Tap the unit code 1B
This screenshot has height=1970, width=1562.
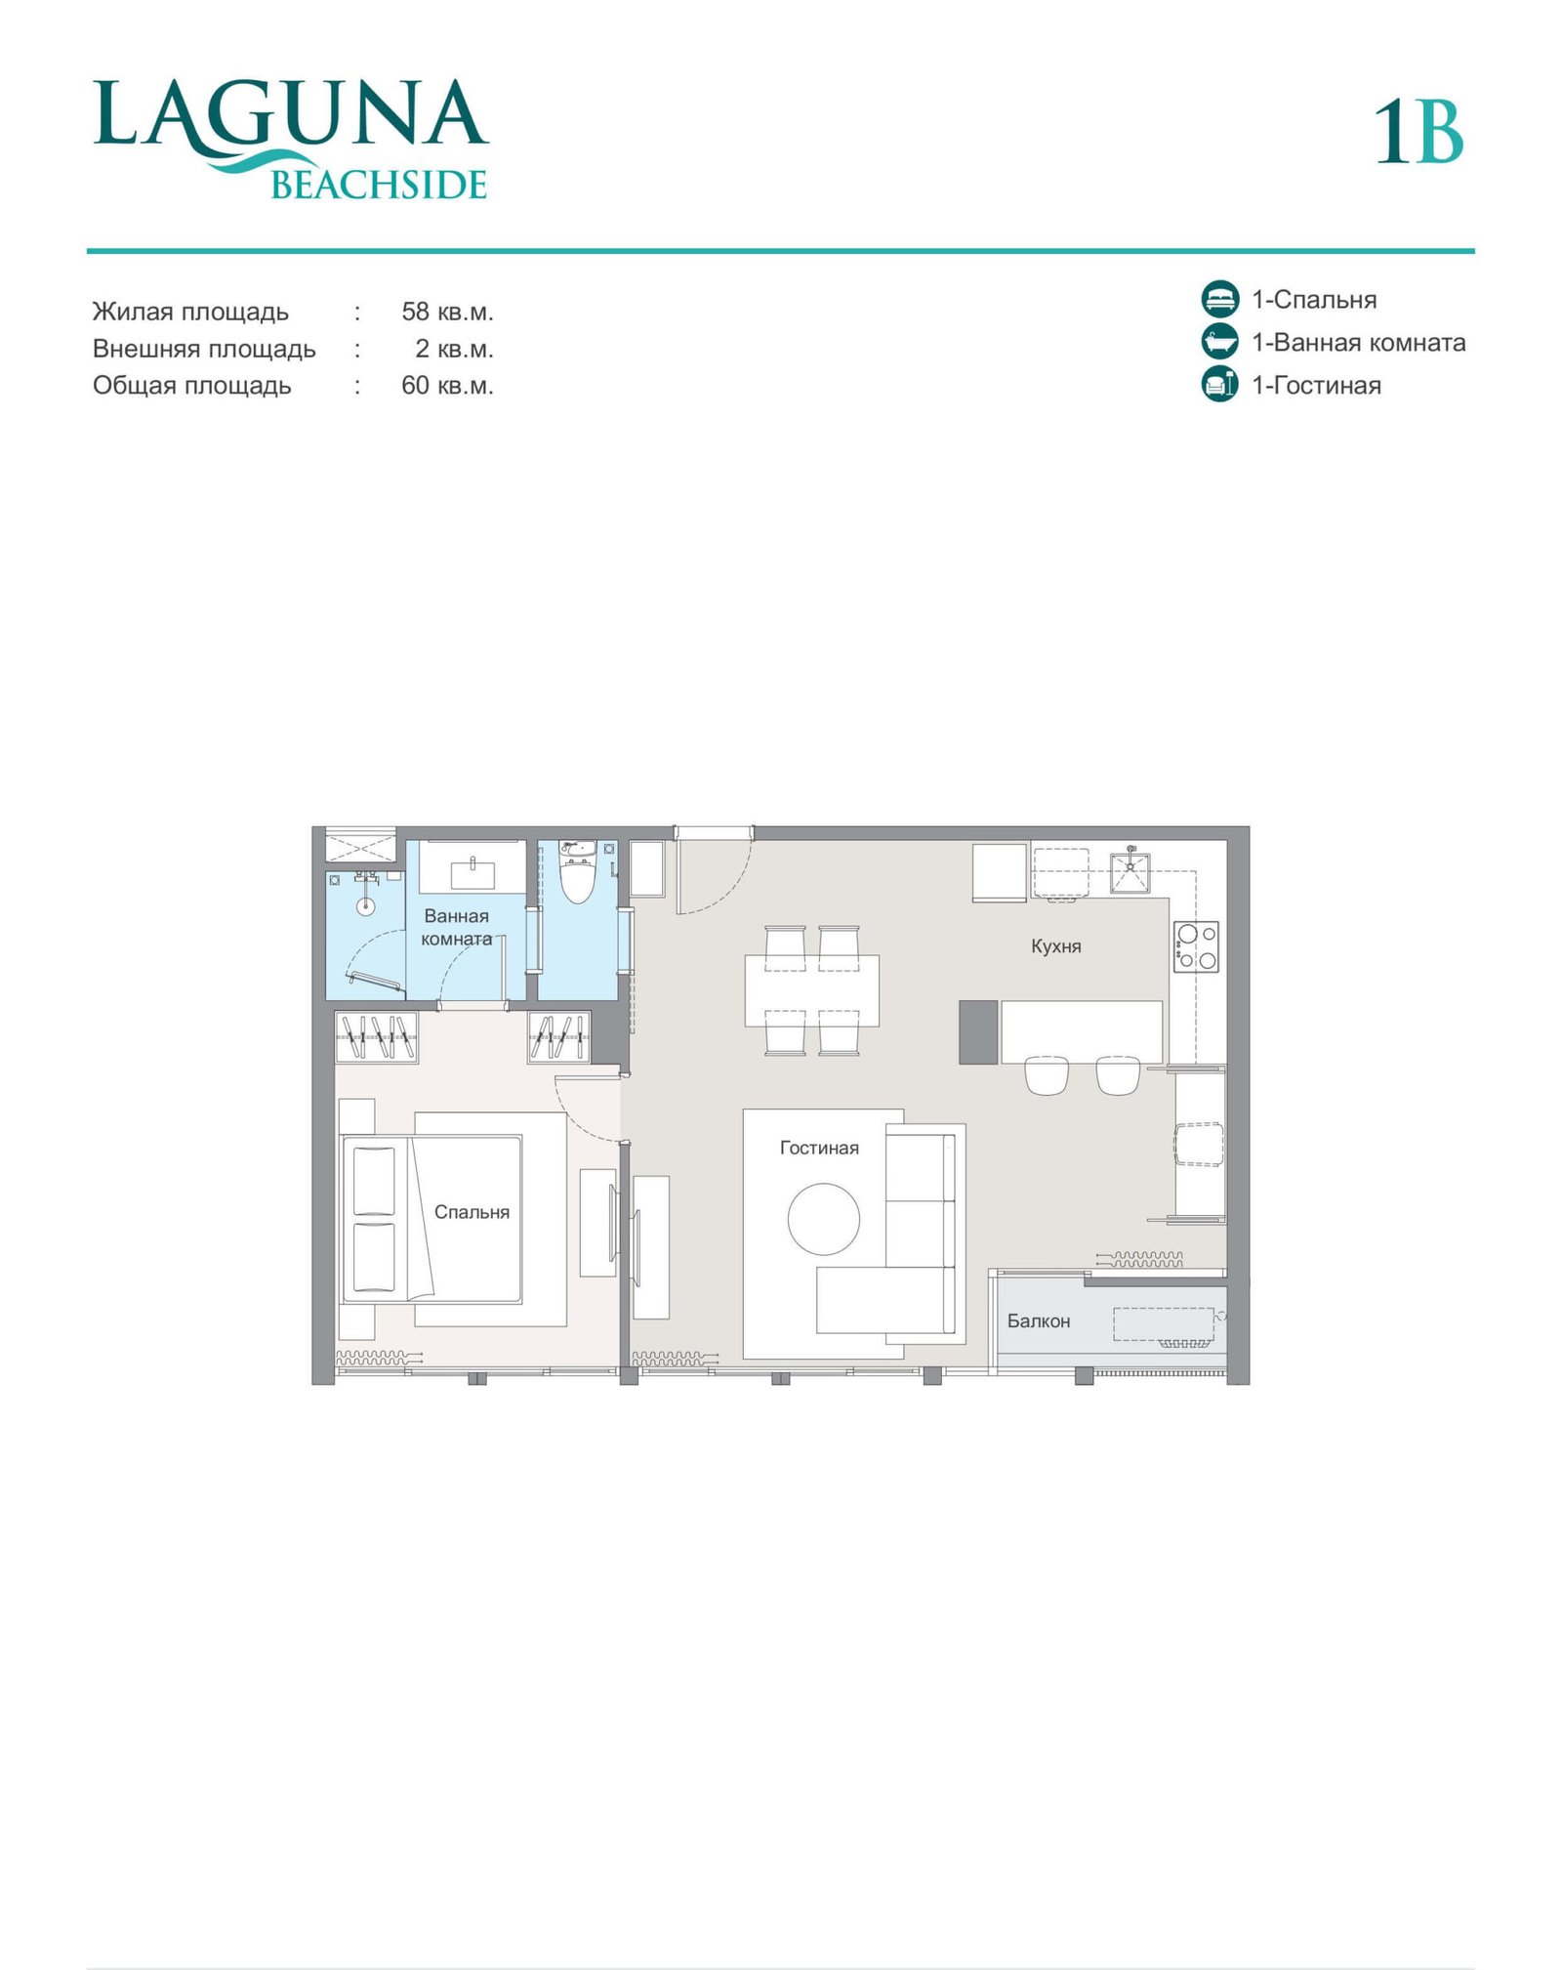click(x=1418, y=132)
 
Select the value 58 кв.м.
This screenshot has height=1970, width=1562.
click(x=447, y=312)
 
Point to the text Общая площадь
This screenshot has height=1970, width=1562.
click(x=191, y=386)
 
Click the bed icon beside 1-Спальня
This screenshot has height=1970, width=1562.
click(x=1219, y=299)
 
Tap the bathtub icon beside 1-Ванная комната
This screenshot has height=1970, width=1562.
click(x=1219, y=342)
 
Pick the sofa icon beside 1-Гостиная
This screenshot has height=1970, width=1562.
click(x=1219, y=384)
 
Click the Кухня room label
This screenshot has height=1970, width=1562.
click(x=1055, y=945)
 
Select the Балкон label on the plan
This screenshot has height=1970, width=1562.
click(x=1038, y=1320)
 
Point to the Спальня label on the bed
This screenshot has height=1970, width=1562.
click(x=472, y=1212)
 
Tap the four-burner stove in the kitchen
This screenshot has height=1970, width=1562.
click(x=1196, y=946)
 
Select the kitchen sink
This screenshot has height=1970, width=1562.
click(x=1130, y=872)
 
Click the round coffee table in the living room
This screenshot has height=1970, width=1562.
click(x=824, y=1219)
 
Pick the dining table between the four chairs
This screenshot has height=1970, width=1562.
click(x=811, y=990)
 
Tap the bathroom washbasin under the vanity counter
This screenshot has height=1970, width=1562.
click(x=473, y=873)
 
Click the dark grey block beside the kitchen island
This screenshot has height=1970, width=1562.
click(x=978, y=1031)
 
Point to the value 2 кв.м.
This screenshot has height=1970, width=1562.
click(x=454, y=349)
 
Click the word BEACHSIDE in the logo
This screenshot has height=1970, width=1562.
click(x=379, y=185)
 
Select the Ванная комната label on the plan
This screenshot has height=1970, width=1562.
click(x=456, y=927)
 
